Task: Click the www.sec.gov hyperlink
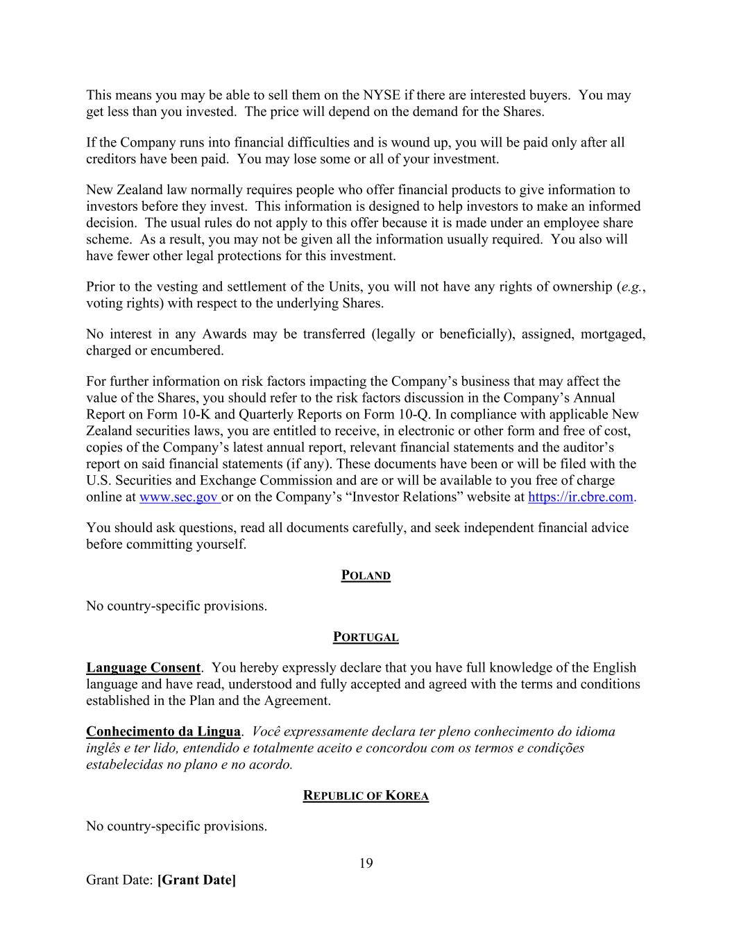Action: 179,497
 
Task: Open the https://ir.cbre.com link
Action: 581,497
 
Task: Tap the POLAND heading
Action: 366,576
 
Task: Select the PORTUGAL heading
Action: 366,638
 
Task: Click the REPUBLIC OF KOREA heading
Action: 366,796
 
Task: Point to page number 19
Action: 366,864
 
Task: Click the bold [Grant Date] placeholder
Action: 197,880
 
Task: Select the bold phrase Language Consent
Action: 143,668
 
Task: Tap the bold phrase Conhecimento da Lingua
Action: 163,732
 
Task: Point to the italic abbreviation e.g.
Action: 631,287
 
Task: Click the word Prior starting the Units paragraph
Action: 101,287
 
